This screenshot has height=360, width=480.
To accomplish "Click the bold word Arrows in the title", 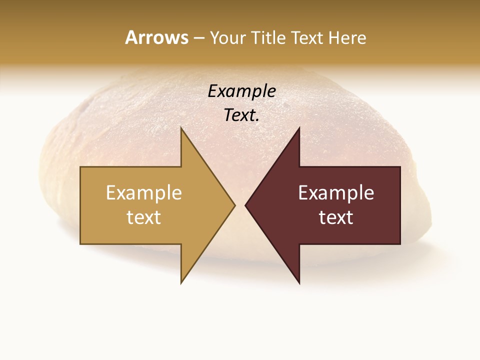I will [x=156, y=37].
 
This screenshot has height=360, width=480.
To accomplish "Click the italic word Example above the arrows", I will [x=242, y=91].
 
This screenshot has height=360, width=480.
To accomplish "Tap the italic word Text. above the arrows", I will [x=242, y=115].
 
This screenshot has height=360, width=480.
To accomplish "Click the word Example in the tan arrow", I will [x=144, y=192].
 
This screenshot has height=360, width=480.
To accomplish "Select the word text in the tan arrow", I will [x=144, y=217].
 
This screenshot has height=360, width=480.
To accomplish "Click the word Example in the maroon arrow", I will [x=336, y=192].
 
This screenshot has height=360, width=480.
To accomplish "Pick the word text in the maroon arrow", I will [x=336, y=217].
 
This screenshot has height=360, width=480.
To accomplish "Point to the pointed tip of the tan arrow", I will [x=234, y=205].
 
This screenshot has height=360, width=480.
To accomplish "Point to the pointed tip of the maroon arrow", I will [x=246, y=205].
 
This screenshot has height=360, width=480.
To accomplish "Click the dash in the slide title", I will [x=198, y=38].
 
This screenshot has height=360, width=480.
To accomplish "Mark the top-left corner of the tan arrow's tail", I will [x=81, y=167].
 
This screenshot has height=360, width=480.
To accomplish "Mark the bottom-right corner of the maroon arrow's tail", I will [x=399, y=243].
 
